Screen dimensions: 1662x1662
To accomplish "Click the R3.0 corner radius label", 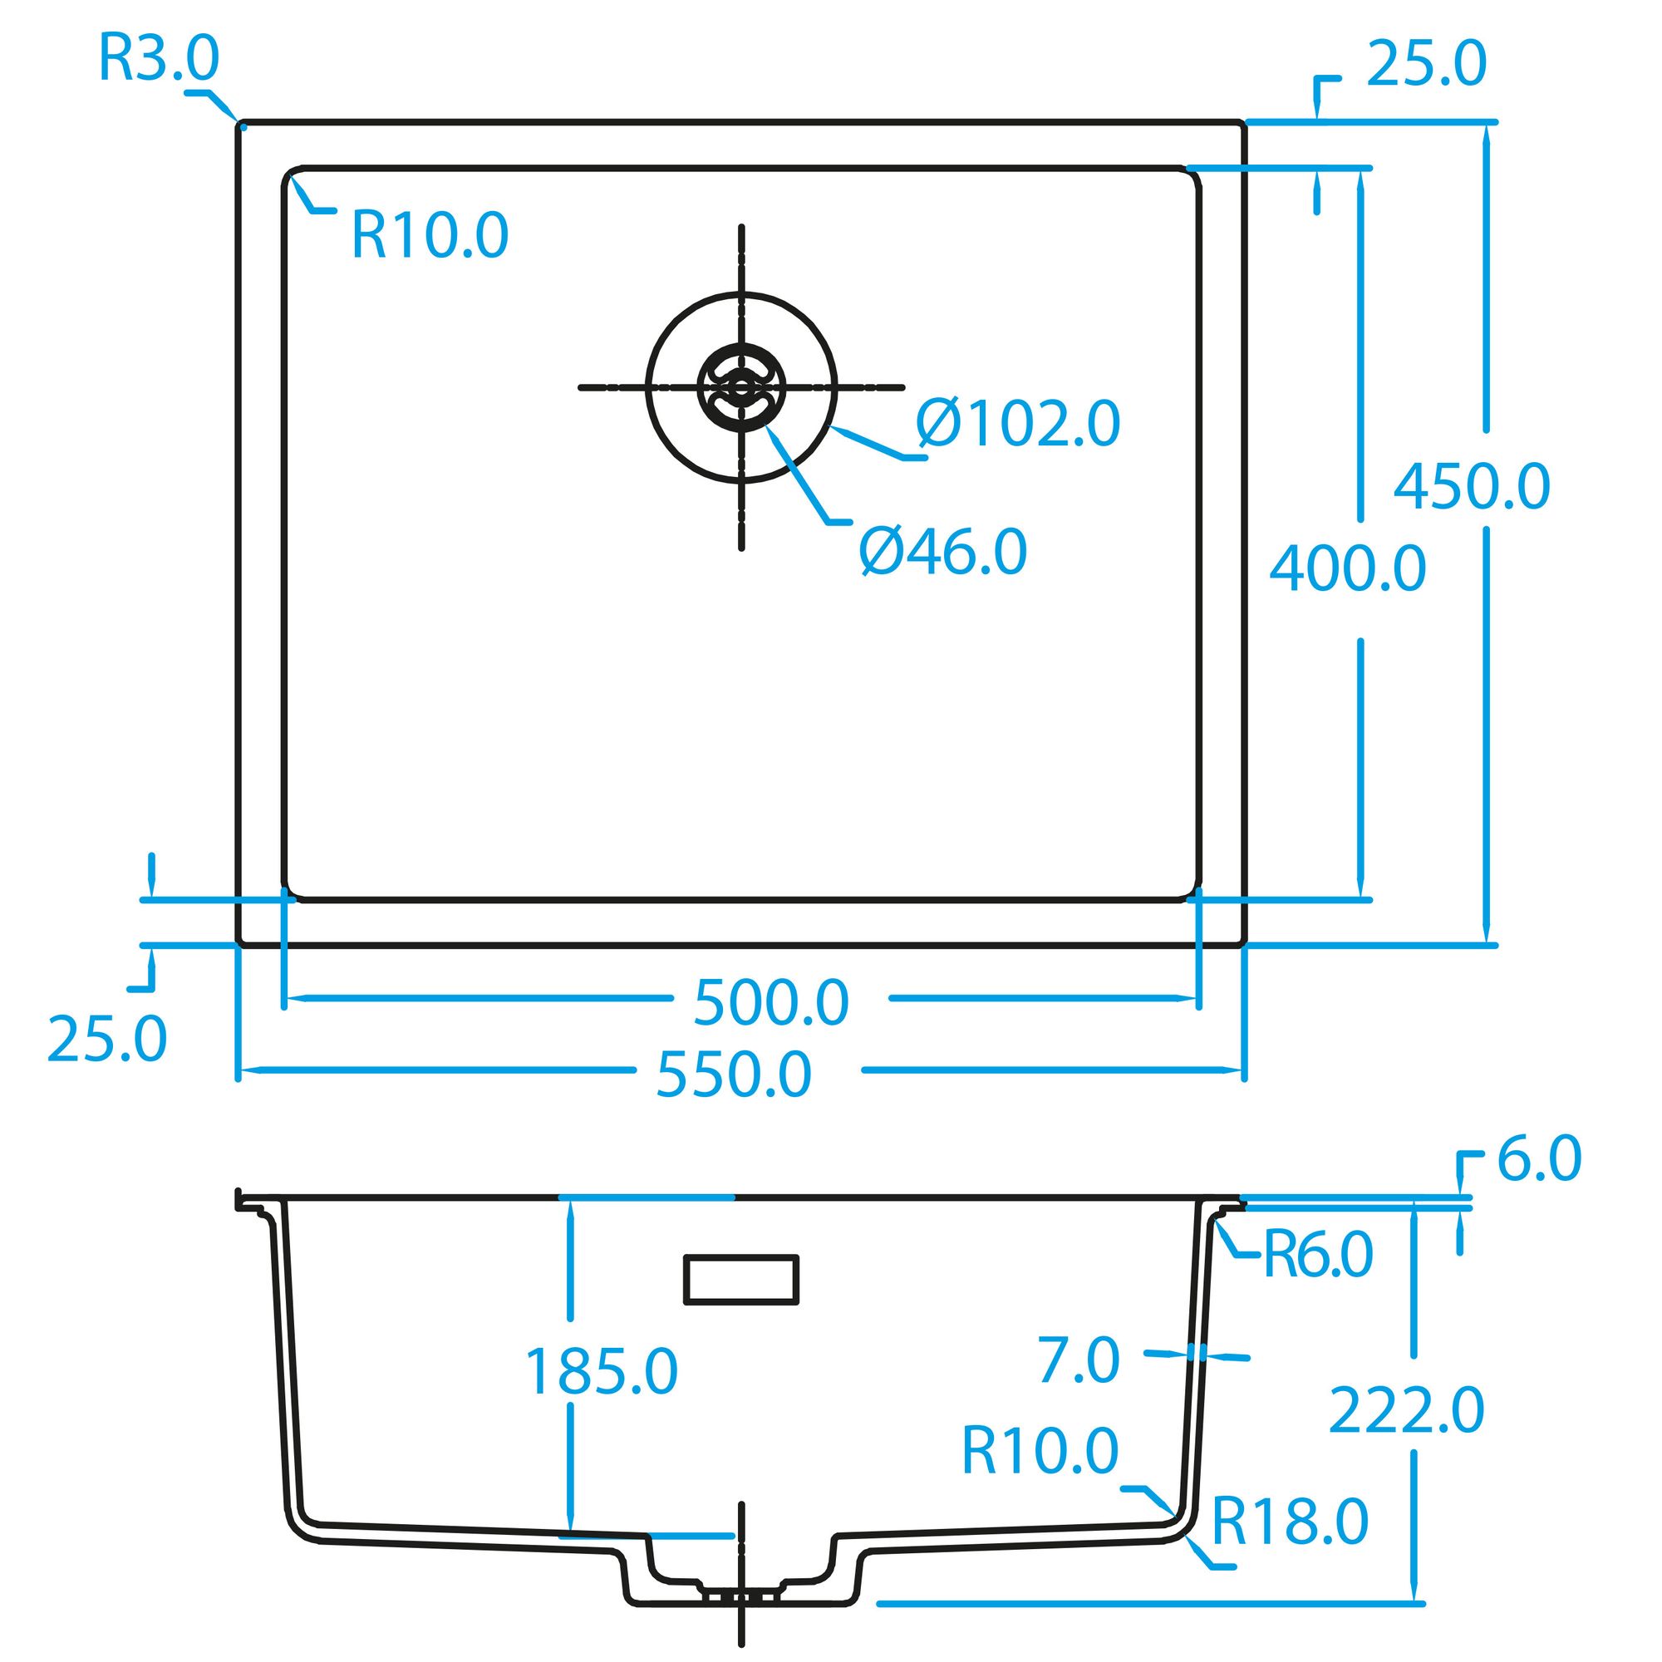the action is (160, 58).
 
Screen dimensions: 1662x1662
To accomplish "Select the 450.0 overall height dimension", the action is (1472, 486).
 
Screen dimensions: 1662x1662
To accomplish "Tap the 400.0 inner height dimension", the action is (1348, 568).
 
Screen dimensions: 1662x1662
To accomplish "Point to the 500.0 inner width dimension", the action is (772, 1002).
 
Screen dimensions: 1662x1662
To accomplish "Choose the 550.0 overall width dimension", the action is (734, 1074).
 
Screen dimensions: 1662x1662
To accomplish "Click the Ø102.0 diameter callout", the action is (1019, 422).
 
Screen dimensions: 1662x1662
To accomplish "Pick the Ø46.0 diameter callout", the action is (944, 551).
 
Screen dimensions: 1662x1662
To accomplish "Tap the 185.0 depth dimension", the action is (602, 1371).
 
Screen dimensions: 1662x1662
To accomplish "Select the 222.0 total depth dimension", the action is (1408, 1409).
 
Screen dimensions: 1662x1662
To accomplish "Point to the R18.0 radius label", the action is (1290, 1521).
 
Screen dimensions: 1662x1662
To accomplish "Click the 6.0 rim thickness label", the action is (1540, 1158).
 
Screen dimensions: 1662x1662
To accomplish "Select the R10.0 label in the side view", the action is (1040, 1449).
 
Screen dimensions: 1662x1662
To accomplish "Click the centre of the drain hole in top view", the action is (740, 387).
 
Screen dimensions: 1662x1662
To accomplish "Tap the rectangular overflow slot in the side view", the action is (740, 1280).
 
